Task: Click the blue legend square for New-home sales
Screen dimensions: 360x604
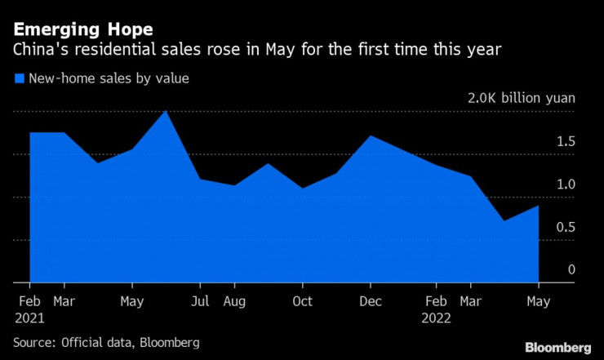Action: [19, 79]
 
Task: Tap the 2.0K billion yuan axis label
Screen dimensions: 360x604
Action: [521, 98]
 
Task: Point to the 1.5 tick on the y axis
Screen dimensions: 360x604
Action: [566, 142]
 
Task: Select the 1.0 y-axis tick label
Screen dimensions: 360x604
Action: [566, 184]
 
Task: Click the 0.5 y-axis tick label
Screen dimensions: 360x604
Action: [566, 227]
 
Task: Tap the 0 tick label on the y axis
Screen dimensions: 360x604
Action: [571, 269]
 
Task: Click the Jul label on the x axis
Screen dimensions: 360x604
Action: [199, 301]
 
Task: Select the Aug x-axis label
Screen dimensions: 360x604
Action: [234, 301]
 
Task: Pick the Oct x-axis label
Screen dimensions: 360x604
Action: [302, 301]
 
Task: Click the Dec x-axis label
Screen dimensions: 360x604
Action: [371, 301]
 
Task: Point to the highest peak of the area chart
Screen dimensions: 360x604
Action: [166, 110]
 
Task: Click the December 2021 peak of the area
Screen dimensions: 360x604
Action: [371, 136]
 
